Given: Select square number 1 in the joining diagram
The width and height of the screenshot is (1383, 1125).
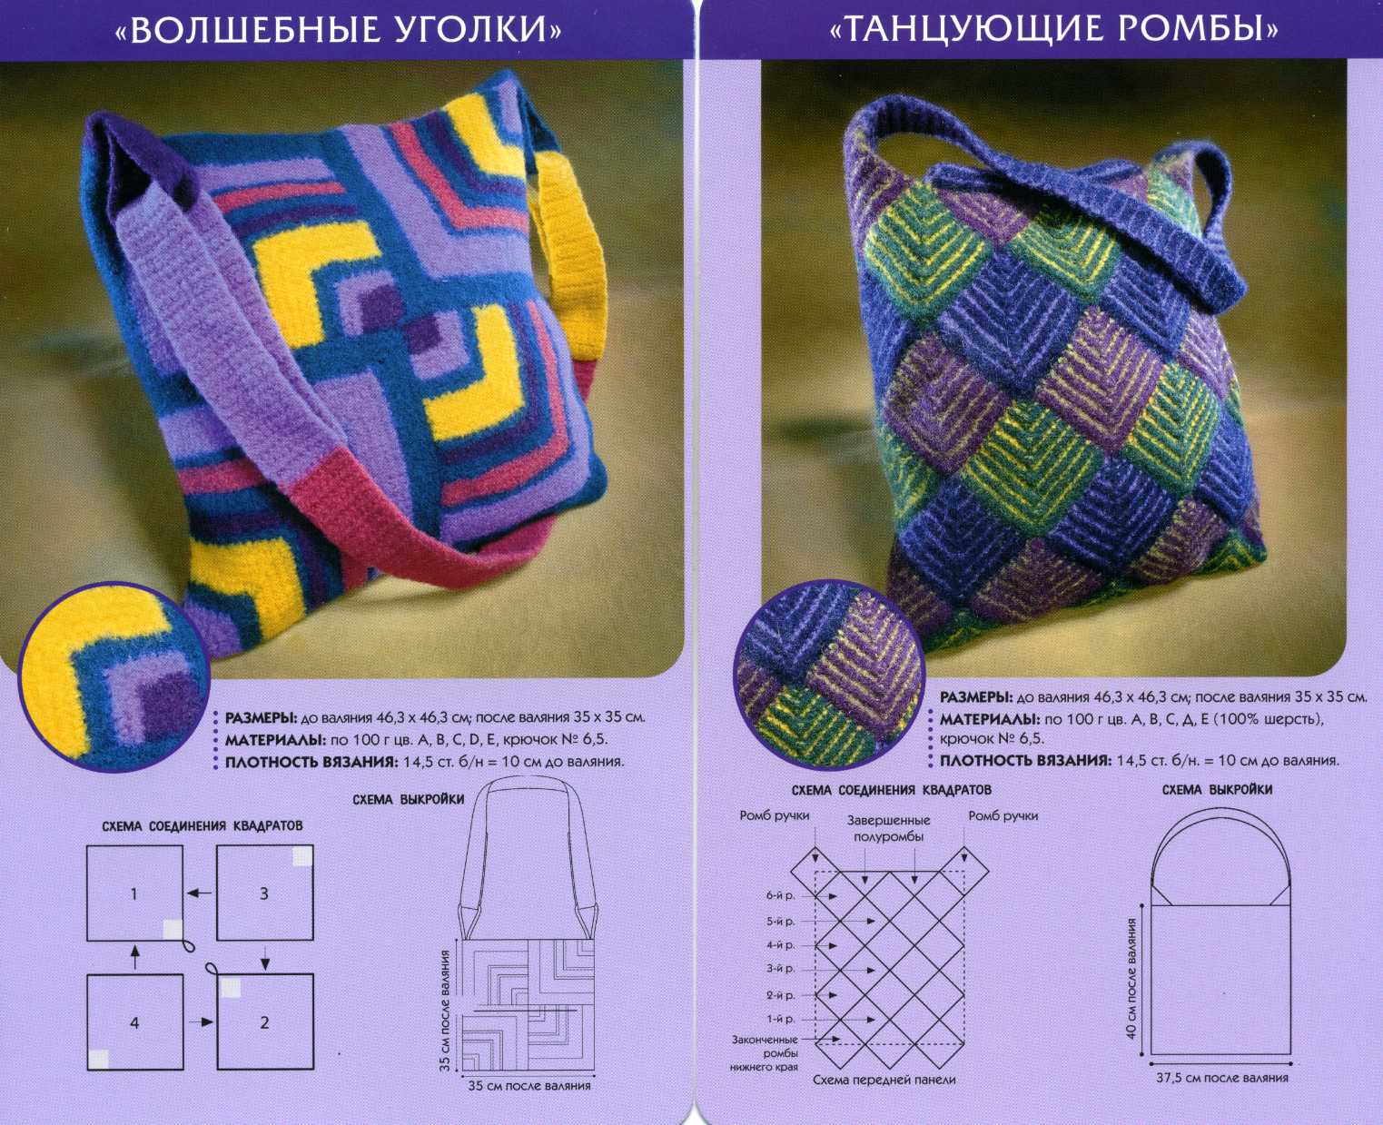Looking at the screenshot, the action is (135, 893).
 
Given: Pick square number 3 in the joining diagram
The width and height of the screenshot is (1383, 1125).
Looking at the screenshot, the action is (265, 893).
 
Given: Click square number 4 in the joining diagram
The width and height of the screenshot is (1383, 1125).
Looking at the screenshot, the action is (135, 1022).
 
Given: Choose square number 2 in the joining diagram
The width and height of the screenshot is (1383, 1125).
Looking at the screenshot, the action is (265, 1021).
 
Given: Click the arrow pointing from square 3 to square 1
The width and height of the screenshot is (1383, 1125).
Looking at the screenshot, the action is (200, 893).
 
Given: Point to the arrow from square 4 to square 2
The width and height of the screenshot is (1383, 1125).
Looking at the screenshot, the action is (202, 1021).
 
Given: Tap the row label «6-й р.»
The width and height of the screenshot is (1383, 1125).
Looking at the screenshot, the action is (780, 896).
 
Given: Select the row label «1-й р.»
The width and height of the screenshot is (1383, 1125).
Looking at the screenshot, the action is (780, 1019).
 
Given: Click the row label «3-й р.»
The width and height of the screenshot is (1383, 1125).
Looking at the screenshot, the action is (780, 969).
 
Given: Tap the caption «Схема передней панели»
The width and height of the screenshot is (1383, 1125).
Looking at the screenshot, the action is (884, 1080).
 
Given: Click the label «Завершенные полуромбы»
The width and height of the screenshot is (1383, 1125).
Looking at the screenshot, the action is (888, 829).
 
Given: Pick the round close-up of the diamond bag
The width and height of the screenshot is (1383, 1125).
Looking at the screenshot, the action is (829, 676).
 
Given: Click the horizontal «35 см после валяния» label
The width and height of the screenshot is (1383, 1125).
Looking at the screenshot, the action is (529, 1085).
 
